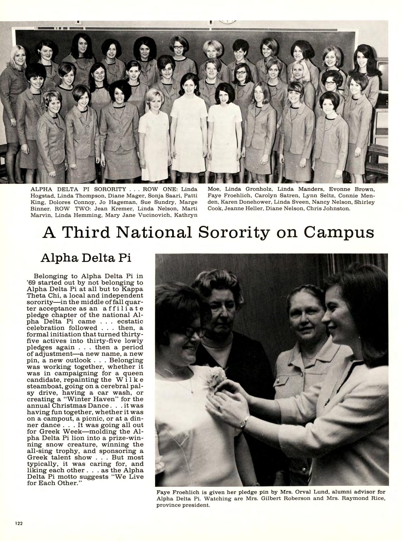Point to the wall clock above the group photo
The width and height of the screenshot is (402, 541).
227,21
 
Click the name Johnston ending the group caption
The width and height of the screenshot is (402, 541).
337,208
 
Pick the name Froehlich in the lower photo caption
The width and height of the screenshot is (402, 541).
185,492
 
